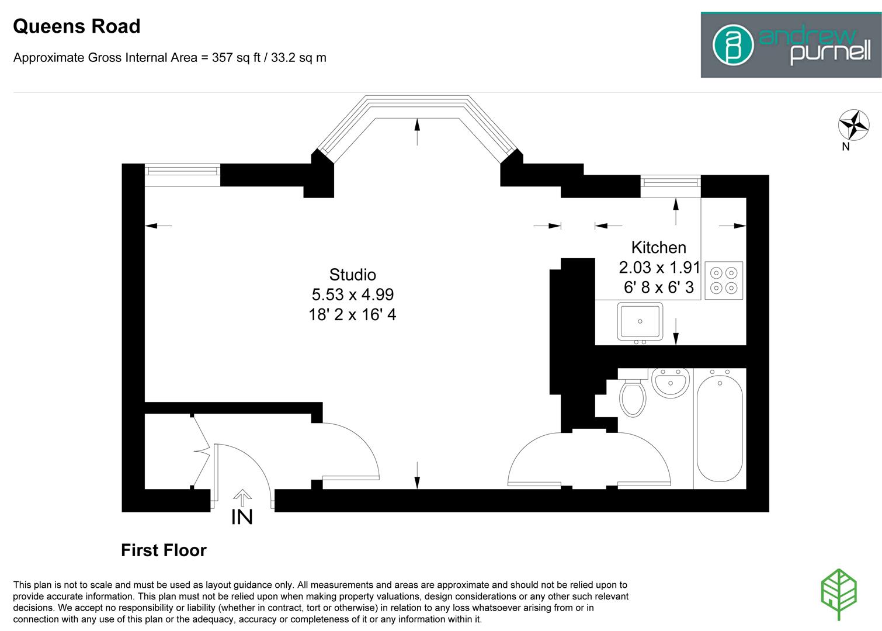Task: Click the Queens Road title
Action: [x=77, y=27]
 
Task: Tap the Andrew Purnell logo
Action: [x=791, y=46]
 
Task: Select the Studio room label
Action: [x=352, y=275]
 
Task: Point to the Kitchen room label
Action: [x=658, y=247]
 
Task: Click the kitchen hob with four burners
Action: [x=724, y=280]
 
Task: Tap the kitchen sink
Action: [x=640, y=321]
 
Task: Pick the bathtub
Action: [x=719, y=427]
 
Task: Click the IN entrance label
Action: [x=242, y=517]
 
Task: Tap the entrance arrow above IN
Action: [x=242, y=497]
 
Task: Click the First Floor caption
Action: [x=164, y=550]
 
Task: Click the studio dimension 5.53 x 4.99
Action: [x=352, y=294]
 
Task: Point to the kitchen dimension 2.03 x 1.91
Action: [x=659, y=268]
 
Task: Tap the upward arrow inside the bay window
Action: [x=417, y=131]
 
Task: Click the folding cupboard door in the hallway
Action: [x=200, y=450]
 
